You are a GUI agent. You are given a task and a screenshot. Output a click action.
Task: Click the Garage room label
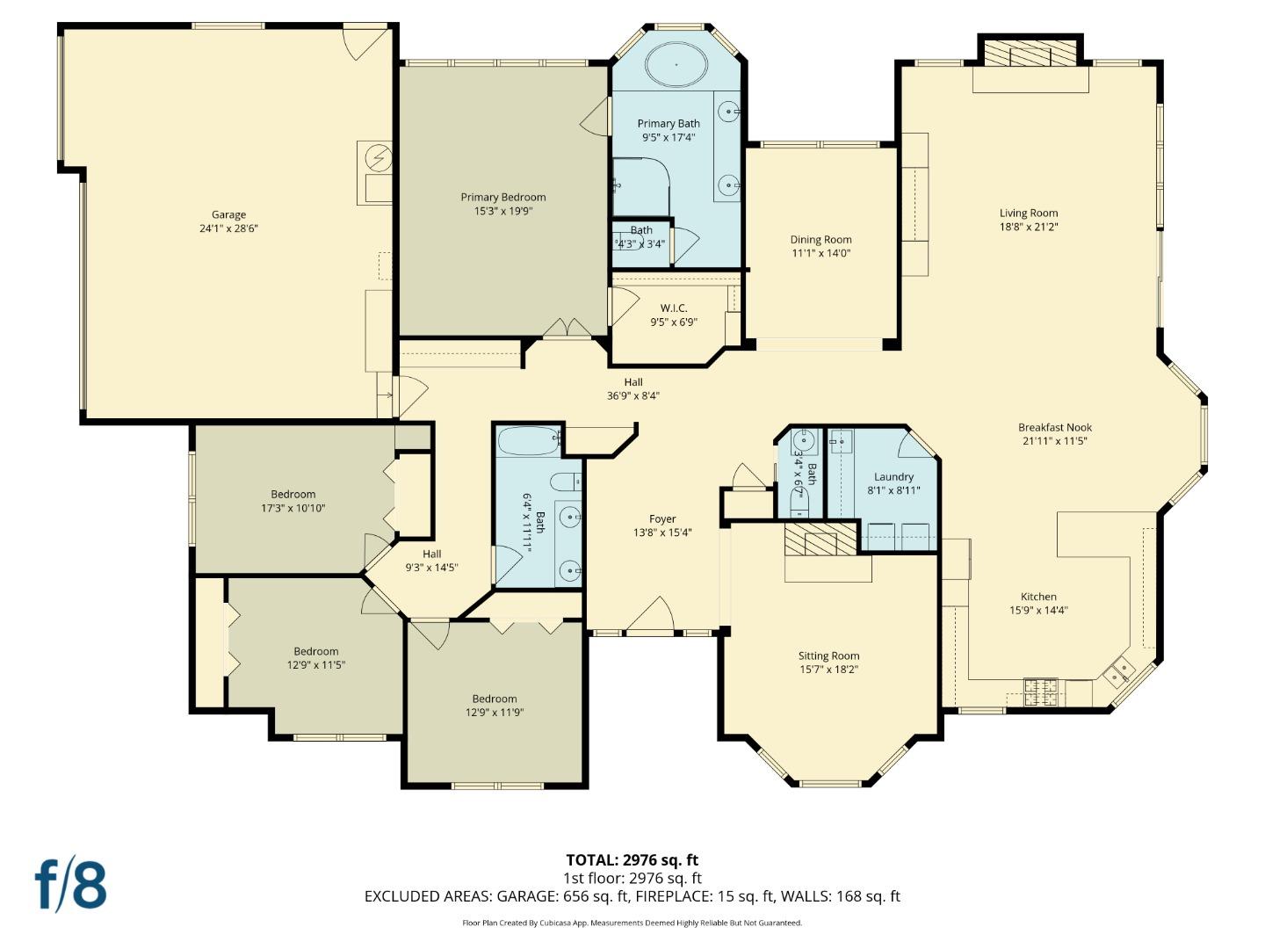tap(228, 214)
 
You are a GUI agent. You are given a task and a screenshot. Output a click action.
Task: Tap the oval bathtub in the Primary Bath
tap(676, 64)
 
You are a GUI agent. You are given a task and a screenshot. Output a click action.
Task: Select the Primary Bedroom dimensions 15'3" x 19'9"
tap(503, 211)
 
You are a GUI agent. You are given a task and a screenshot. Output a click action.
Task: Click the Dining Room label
tap(820, 240)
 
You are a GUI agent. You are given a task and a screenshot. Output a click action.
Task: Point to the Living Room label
tap(1029, 213)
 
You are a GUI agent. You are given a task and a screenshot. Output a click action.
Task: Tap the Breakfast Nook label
tap(1054, 428)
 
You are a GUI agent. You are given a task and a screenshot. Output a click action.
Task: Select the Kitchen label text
tap(1038, 597)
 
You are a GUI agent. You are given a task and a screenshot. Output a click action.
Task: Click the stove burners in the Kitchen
tap(1042, 690)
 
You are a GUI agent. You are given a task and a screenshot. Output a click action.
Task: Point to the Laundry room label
tap(893, 477)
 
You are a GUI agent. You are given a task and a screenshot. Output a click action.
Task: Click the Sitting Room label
tap(828, 656)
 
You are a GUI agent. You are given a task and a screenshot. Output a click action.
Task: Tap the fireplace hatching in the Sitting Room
tap(820, 539)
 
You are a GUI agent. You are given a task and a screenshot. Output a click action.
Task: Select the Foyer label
tap(662, 519)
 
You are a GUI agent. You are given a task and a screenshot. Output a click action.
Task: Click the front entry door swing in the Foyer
tap(652, 616)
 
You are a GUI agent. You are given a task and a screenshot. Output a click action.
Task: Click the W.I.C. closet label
tap(674, 308)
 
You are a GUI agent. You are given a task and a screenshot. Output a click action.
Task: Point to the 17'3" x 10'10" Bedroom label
tap(293, 495)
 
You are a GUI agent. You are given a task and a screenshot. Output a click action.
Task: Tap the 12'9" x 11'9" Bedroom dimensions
tap(495, 713)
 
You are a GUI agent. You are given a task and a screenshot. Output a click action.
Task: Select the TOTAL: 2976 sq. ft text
tap(632, 860)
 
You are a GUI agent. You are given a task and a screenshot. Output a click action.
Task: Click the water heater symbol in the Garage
tap(379, 158)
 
